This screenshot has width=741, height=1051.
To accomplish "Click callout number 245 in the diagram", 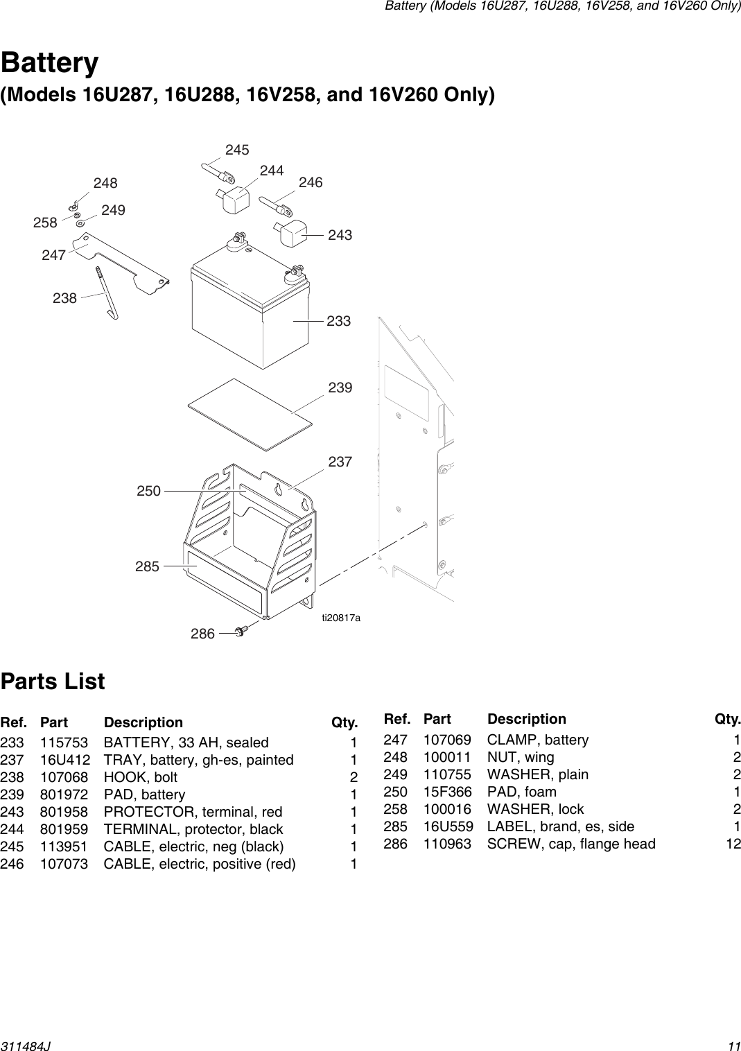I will (x=237, y=150).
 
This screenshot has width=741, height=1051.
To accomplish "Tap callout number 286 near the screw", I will (x=202, y=633).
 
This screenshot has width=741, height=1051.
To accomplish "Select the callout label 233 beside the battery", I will (x=339, y=321).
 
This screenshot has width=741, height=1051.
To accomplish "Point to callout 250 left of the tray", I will (x=148, y=491).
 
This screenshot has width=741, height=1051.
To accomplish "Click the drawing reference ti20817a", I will (x=340, y=617).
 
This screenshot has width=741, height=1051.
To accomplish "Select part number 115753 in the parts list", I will (x=64, y=742).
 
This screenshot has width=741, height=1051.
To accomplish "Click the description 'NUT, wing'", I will (x=521, y=757).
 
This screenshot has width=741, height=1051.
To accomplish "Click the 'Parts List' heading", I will (x=53, y=681).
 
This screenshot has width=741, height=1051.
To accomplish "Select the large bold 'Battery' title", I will (x=50, y=63).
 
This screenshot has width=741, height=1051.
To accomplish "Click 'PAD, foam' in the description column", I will (x=521, y=792).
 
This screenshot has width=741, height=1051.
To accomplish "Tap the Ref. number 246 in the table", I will (x=12, y=864).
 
